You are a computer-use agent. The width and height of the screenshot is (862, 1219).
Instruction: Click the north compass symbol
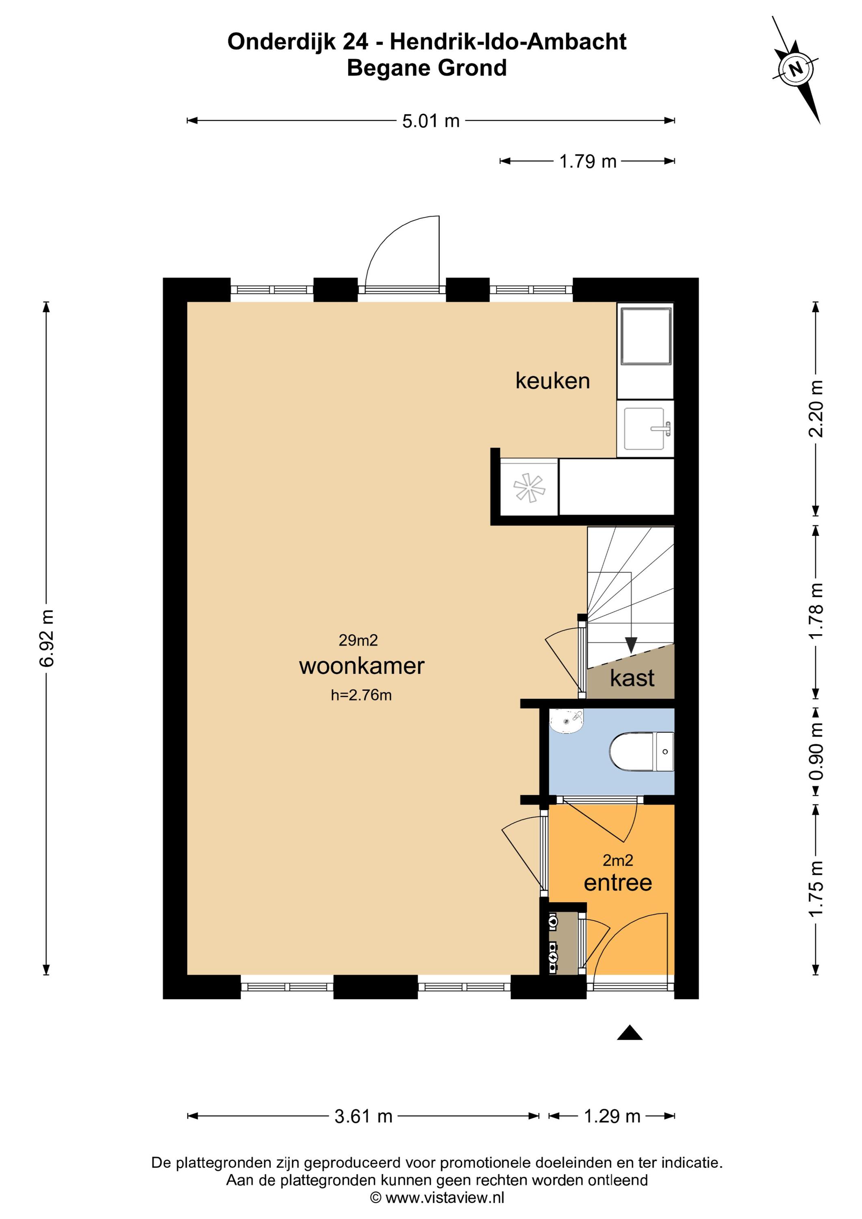pos(796,69)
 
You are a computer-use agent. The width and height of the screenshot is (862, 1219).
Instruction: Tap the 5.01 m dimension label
pos(430,121)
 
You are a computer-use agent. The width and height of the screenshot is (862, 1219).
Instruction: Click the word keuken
pos(552,381)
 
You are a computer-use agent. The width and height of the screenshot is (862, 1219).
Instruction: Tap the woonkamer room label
pos(362,666)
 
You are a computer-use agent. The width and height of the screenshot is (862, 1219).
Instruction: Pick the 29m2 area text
pos(358,640)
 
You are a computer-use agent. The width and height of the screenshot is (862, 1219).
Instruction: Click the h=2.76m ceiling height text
pos(361,695)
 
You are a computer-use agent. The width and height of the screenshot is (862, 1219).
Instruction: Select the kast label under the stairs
pos(632,678)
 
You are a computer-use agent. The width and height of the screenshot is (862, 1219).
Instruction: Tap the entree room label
pos(618,883)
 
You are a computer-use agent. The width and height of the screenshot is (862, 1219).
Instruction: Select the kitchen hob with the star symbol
pos(529,487)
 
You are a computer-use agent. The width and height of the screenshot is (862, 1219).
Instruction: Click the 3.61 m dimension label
pos(363,1117)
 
